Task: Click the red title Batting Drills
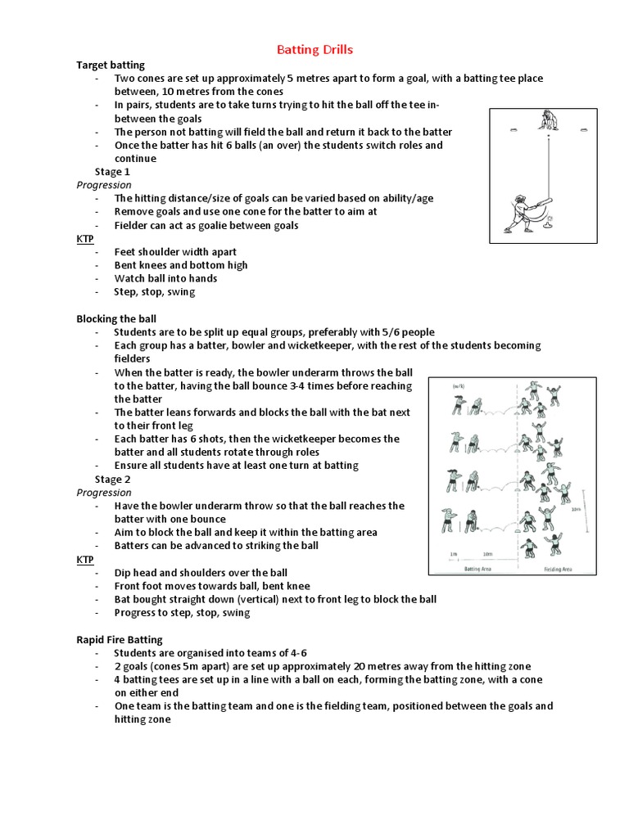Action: (x=314, y=50)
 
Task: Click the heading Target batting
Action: (x=111, y=64)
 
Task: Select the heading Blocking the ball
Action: (x=116, y=318)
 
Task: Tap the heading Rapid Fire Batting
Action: (x=120, y=639)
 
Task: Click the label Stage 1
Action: (x=112, y=172)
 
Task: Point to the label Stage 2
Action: (x=112, y=479)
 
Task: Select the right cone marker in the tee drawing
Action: (x=585, y=128)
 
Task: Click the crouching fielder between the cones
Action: (x=548, y=121)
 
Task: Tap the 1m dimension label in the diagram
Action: (x=454, y=554)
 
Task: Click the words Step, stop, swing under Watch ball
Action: (x=155, y=291)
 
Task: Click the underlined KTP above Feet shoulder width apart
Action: (x=85, y=239)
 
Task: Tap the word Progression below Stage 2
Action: (x=103, y=493)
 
